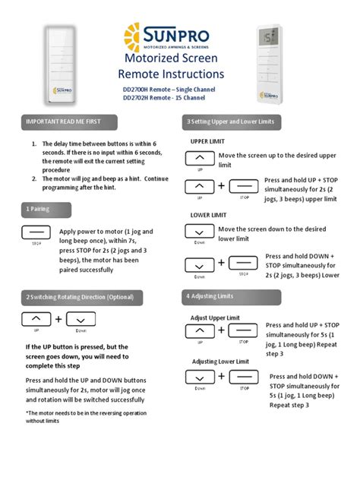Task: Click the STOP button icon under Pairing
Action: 36,232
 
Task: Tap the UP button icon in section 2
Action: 36,319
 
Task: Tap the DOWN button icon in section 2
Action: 81,319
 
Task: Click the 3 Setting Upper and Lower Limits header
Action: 231,122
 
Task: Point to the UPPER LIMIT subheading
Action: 208,142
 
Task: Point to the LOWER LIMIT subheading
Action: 209,215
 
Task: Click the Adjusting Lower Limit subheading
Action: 220,362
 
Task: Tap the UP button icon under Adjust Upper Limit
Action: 200,331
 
